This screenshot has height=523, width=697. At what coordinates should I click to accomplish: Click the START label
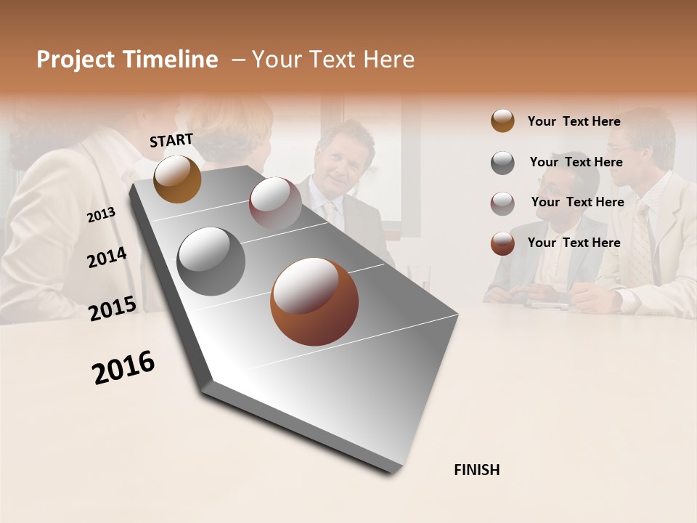(171, 140)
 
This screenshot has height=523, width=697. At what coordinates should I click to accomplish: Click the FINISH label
(476, 470)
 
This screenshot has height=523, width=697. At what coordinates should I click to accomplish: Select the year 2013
(101, 215)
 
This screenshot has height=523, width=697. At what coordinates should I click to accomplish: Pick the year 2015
(113, 309)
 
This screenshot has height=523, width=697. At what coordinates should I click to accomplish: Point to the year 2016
(123, 368)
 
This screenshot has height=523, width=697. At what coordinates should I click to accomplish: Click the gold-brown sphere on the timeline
(177, 179)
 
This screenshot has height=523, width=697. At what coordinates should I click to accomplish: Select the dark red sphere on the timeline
(275, 203)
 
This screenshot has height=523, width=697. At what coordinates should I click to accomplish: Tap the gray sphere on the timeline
(211, 261)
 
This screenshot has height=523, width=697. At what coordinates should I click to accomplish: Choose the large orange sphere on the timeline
(314, 301)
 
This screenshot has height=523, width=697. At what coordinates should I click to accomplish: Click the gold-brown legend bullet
(502, 121)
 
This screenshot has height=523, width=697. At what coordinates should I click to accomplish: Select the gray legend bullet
(502, 163)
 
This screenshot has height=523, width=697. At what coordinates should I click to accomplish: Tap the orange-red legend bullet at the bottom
(502, 243)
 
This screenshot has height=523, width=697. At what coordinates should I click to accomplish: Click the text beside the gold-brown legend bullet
(574, 121)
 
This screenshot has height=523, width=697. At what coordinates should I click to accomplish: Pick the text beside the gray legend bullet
(576, 162)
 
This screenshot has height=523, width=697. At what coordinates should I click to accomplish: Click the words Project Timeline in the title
(127, 60)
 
